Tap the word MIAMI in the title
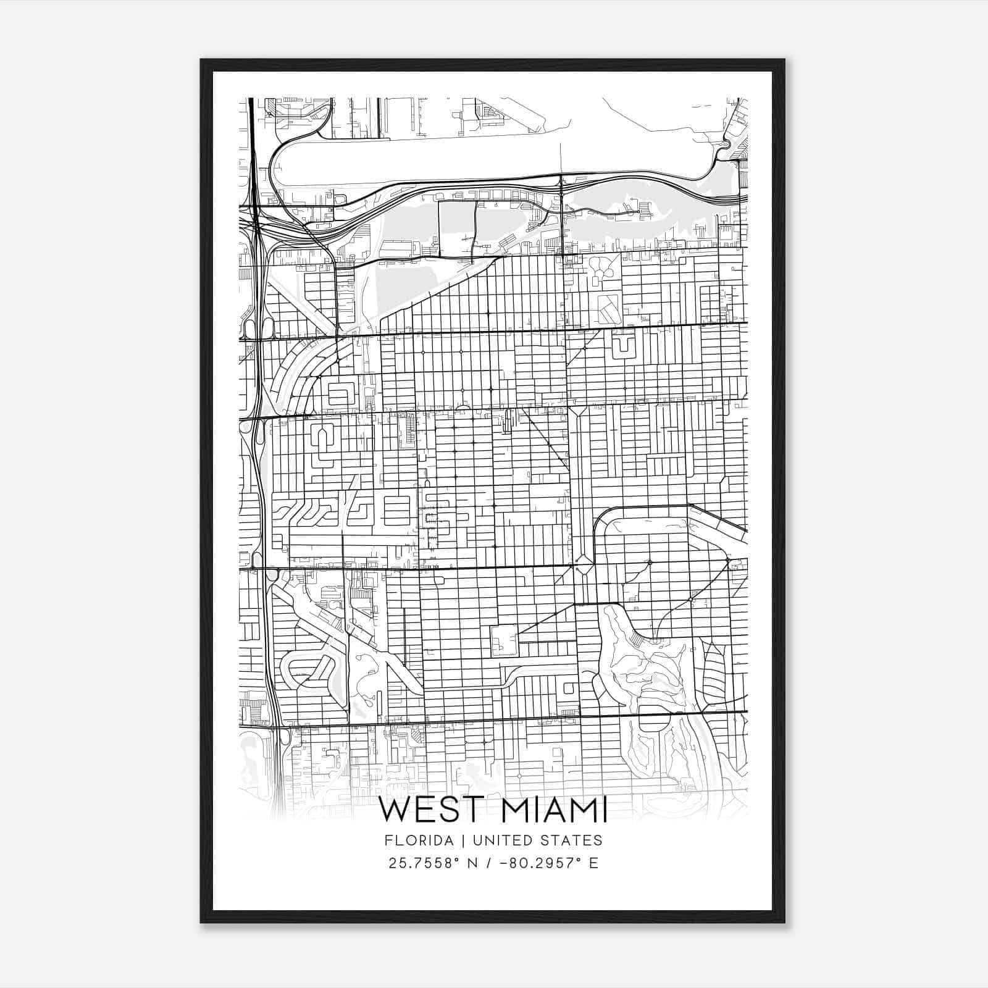point(555,811)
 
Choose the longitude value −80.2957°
point(540,863)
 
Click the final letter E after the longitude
point(594,863)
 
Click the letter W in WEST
point(395,811)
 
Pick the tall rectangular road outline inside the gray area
point(457,228)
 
